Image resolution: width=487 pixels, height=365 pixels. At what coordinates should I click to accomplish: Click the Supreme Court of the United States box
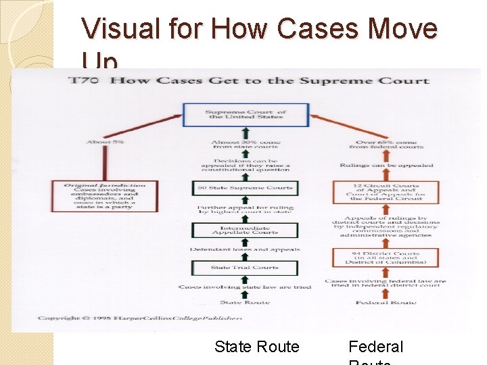coord(246,115)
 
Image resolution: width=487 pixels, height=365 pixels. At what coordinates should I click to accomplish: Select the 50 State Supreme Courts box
coord(245,187)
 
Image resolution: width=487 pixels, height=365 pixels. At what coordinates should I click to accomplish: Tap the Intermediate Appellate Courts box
coord(245,229)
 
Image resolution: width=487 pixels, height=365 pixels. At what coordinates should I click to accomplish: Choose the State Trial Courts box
coord(245,268)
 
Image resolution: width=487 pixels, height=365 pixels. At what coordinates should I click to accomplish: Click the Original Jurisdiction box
coord(104,196)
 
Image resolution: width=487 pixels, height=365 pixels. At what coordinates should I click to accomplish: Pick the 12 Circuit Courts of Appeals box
coord(386,193)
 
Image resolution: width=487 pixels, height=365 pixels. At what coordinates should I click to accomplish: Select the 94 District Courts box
coord(386,258)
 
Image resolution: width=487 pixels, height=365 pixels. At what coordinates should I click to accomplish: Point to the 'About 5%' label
coord(106,142)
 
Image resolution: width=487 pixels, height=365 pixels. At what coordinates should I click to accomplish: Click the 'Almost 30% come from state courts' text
coord(245,144)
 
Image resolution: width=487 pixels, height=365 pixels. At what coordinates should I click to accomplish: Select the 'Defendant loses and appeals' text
coord(245,249)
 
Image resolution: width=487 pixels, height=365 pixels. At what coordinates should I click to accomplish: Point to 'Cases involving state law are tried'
coord(245,287)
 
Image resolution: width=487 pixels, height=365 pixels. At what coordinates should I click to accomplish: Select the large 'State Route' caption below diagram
coord(256,347)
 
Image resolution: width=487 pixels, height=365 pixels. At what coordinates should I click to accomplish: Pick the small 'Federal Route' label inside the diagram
coord(386,302)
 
